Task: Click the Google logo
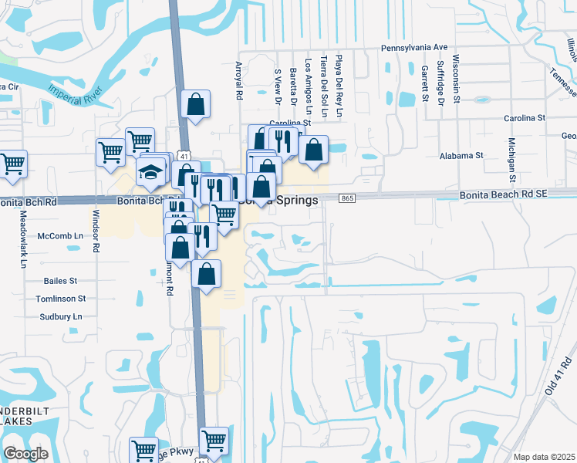(x=25, y=454)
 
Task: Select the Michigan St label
(x=511, y=157)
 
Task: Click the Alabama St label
(x=461, y=155)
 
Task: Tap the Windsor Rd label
(x=96, y=231)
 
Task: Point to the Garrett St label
(x=425, y=83)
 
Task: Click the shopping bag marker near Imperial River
(x=196, y=104)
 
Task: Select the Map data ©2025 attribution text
(x=544, y=457)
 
